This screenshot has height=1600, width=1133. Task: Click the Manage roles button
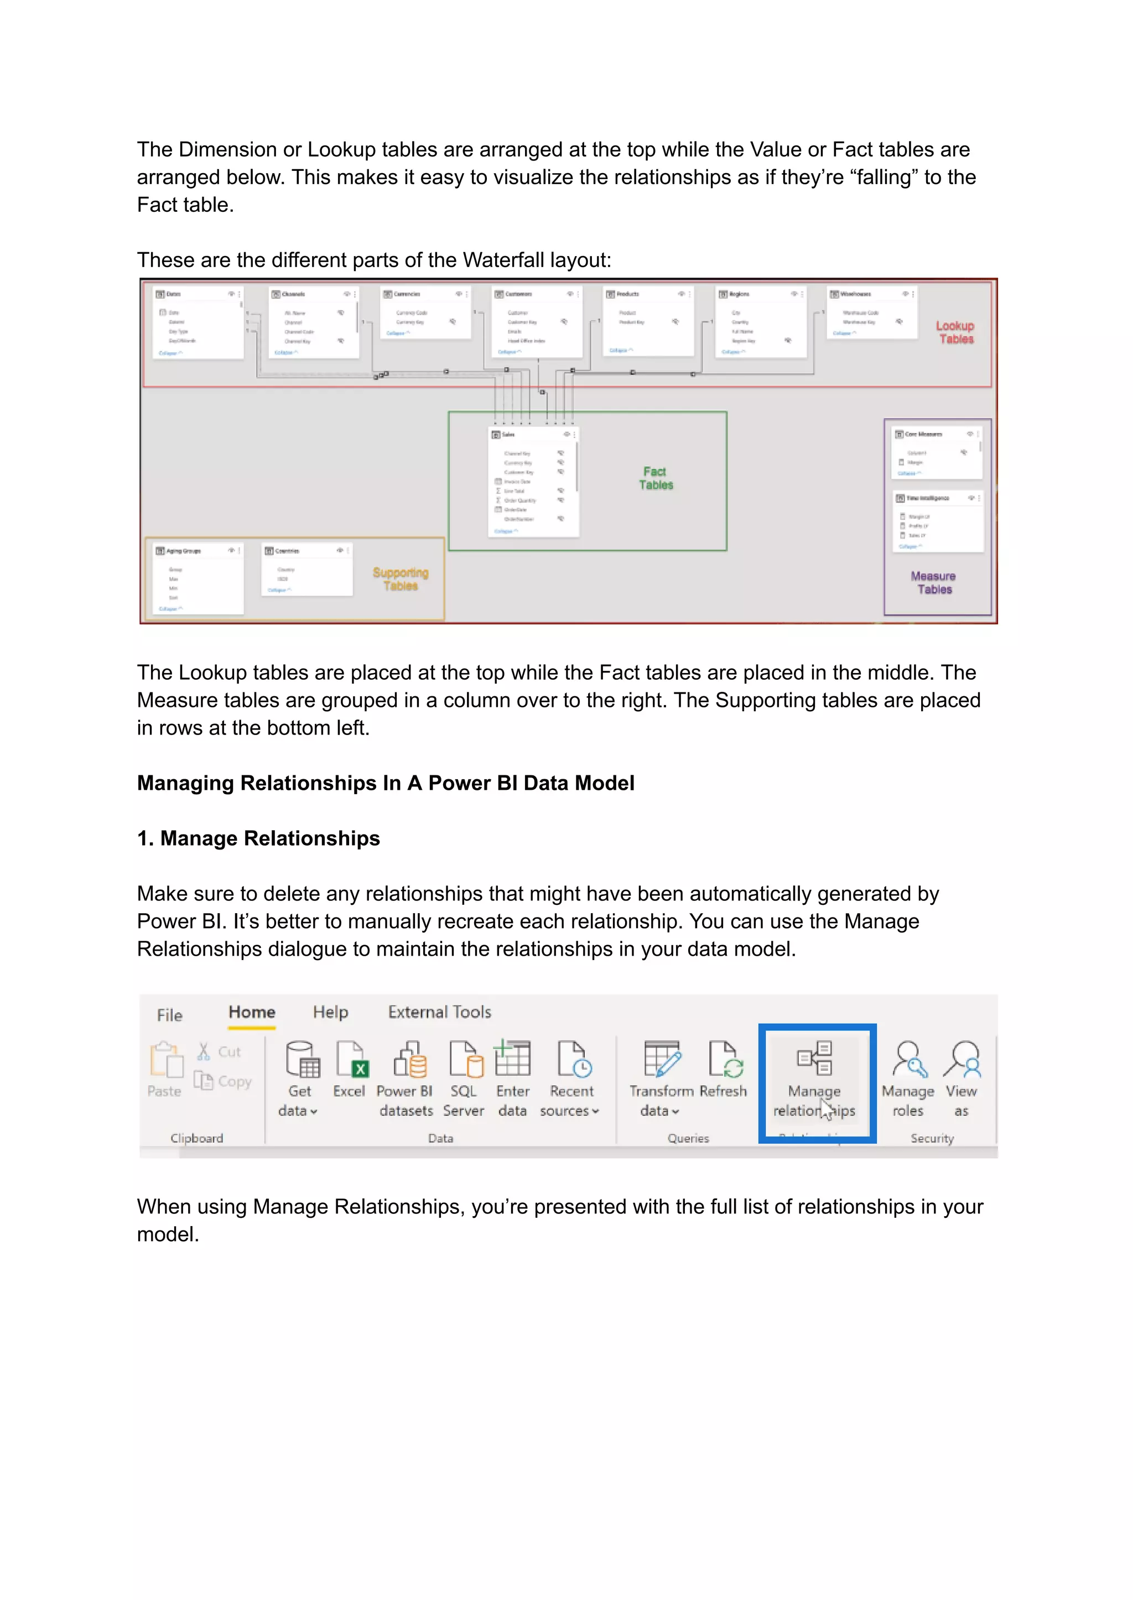pos(908,1077)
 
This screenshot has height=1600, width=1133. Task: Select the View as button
pos(962,1077)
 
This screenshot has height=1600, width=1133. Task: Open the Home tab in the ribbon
pos(252,1012)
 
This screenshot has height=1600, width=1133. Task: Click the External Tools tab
pos(439,1012)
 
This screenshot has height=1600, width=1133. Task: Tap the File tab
pos(169,1015)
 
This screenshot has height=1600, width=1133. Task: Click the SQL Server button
pos(463,1077)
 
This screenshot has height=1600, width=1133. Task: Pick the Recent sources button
pos(571,1077)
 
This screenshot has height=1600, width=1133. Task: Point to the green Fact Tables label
pos(655,478)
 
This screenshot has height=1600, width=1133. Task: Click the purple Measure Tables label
pos(933,582)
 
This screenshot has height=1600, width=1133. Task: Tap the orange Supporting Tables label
pos(401,579)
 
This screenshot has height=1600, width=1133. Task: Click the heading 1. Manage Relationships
pos(258,838)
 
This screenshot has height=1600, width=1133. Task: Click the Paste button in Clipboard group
pos(165,1071)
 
